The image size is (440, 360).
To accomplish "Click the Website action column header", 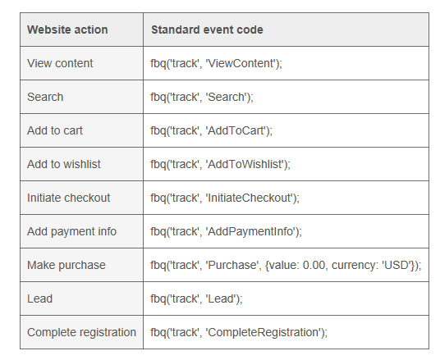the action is tap(67, 30).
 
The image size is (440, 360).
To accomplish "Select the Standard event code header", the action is tap(207, 30).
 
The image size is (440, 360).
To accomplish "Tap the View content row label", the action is tap(60, 63).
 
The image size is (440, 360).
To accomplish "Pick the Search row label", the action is tap(45, 97).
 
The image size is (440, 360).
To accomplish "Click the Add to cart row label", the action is tap(55, 130).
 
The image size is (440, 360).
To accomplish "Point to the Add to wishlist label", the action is tap(64, 164).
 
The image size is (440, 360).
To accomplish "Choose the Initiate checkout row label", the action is tap(68, 198).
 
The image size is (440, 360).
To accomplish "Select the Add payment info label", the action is tap(71, 231).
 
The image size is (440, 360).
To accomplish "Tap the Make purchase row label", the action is tap(66, 265).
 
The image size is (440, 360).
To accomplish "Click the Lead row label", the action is tap(39, 298).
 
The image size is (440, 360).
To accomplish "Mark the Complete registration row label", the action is tap(81, 332).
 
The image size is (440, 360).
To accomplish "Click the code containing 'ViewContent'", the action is tap(216, 63).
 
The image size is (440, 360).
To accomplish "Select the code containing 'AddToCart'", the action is tap(211, 130).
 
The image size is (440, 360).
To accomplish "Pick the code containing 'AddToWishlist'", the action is tap(220, 164).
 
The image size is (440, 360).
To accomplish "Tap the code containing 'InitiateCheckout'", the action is tap(225, 198).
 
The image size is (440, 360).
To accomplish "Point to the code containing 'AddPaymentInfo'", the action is tap(226, 231).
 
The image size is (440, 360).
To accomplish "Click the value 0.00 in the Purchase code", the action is tap(314, 265).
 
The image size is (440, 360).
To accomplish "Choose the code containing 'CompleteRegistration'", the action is tap(239, 332).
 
